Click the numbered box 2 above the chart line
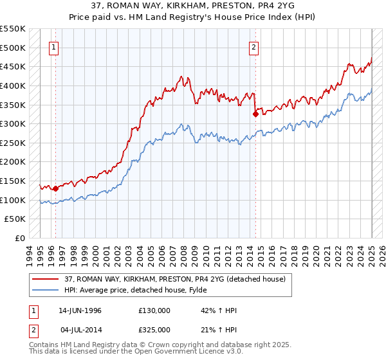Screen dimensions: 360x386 pos(254,46)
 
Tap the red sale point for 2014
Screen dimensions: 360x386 pos(255,114)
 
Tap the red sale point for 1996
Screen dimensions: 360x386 pos(56,188)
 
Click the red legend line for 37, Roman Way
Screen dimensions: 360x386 pos(45,278)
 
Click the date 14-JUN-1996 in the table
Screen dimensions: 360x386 pos(80,310)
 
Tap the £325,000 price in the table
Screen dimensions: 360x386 pos(154,329)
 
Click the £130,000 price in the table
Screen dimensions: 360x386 pos(154,310)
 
